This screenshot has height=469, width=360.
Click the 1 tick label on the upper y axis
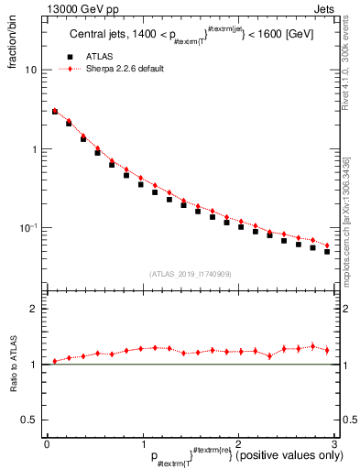tap(34, 149)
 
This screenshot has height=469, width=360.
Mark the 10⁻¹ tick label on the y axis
tap(29, 228)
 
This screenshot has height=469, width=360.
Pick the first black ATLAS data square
tap(55, 112)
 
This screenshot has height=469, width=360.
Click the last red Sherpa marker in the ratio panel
tap(327, 350)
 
